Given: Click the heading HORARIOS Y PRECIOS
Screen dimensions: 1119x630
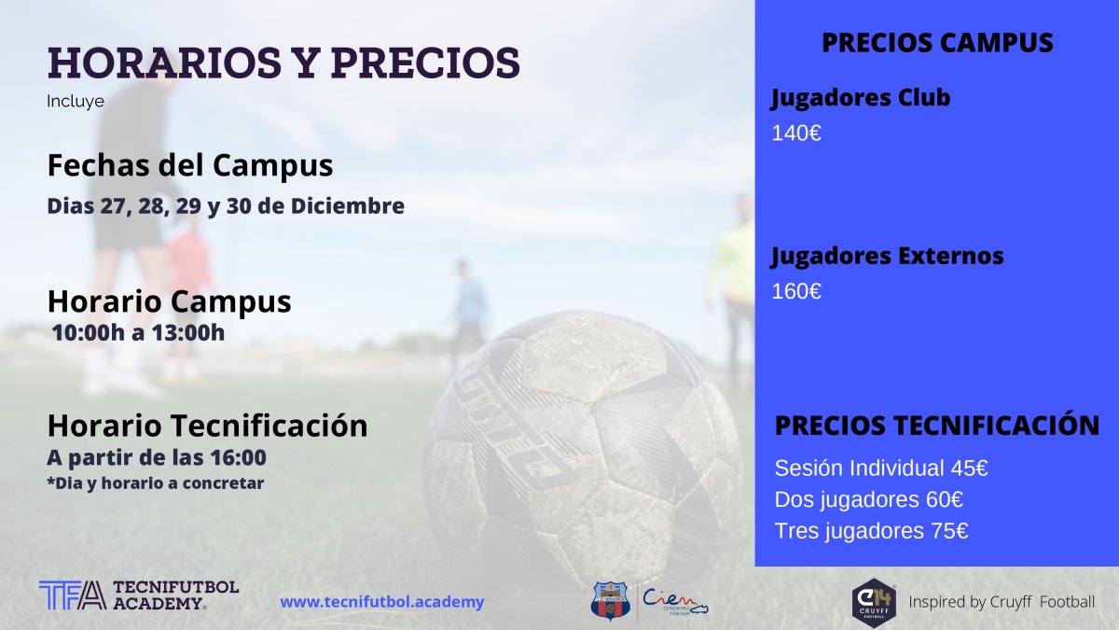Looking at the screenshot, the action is [x=283, y=63].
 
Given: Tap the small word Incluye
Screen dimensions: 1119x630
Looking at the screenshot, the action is [x=76, y=102].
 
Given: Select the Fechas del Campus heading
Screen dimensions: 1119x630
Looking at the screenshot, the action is [x=190, y=165].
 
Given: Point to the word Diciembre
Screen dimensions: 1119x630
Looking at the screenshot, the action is [x=348, y=206].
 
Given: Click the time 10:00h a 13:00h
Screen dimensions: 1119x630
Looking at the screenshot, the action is [x=138, y=333].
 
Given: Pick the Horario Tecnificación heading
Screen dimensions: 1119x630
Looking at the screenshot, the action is [x=207, y=426].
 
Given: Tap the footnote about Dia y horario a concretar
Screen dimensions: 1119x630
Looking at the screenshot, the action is [x=156, y=483].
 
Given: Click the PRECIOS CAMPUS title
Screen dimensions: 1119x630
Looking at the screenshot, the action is [x=937, y=43].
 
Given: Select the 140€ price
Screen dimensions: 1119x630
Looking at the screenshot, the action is [x=796, y=133].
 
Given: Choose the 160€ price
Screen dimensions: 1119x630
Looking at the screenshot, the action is [x=796, y=291].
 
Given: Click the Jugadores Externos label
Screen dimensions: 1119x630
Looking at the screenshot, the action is [x=887, y=256].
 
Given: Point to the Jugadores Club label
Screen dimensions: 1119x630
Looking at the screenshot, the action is [x=860, y=98].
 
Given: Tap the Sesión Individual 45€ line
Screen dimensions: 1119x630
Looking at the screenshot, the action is [x=881, y=469].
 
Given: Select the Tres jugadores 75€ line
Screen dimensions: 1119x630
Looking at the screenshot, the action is [x=871, y=531].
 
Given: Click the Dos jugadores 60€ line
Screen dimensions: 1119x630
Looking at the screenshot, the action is [x=869, y=499].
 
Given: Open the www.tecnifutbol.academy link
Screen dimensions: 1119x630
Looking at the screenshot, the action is [x=382, y=602].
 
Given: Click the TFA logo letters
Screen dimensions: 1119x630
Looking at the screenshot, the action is [x=73, y=595].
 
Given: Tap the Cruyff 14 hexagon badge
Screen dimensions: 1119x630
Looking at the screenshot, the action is [x=874, y=603].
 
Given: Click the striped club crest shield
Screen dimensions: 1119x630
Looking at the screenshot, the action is [x=611, y=601].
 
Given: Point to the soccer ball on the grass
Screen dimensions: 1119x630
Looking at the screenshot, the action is [x=582, y=445].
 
